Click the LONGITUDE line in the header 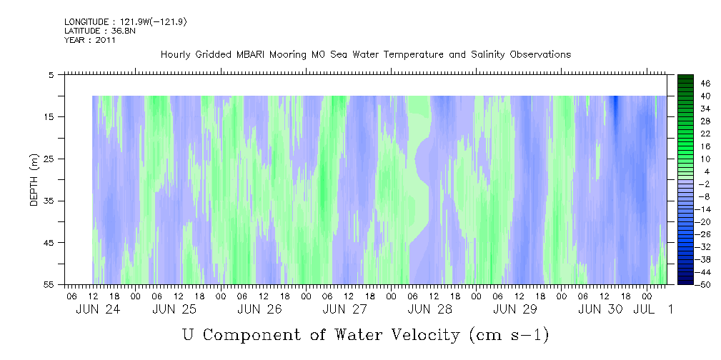(126, 22)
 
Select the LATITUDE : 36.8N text (100, 31)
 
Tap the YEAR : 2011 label (90, 40)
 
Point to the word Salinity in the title (487, 55)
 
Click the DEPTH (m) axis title (34, 180)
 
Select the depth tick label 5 (51, 74)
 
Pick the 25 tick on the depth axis (49, 159)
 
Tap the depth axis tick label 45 (49, 243)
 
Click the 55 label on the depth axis (49, 284)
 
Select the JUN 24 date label (98, 309)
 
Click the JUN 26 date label (259, 309)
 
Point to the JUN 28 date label (430, 309)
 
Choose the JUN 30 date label (600, 309)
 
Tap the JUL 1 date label (653, 309)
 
